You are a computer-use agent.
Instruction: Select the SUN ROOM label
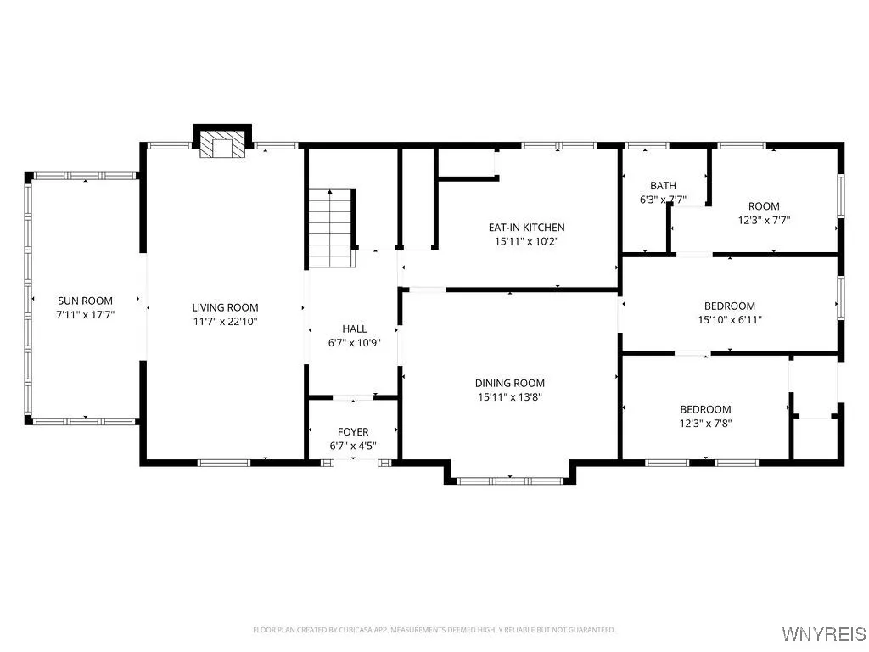85,301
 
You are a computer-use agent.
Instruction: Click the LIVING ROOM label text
225,307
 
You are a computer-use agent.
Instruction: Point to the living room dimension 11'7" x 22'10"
225,322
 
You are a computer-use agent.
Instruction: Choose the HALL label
354,329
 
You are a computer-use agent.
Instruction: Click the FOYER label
353,432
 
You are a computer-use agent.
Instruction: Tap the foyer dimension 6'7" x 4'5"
353,446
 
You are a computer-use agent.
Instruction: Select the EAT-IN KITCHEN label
526,228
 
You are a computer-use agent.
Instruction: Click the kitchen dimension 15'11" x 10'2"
526,241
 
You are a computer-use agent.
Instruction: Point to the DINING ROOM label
510,383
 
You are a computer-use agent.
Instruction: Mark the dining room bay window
510,481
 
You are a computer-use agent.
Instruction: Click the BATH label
663,186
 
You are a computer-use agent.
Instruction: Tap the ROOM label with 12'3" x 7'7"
763,206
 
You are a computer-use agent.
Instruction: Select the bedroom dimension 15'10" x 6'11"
729,320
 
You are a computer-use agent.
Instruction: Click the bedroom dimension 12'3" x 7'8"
705,423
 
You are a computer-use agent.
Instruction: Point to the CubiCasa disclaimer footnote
434,630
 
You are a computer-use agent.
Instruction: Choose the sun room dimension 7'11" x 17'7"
85,314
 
